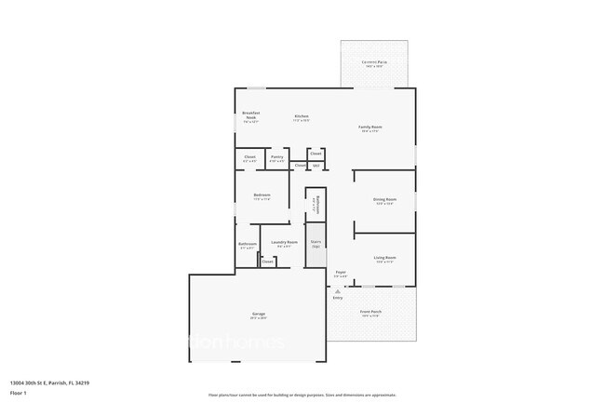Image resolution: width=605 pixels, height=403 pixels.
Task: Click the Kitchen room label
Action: coord(301,116)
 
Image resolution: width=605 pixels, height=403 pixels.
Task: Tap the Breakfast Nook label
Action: coord(249,116)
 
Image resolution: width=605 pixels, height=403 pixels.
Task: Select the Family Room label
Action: coord(370,128)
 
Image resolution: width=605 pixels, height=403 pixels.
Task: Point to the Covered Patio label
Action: coord(375,63)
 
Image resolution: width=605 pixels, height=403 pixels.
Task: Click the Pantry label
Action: coord(277,158)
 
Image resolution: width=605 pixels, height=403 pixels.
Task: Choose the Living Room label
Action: coord(384,259)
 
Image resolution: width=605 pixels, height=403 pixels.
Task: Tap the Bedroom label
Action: coord(262,196)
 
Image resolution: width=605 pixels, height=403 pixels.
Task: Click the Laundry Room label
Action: coord(284,244)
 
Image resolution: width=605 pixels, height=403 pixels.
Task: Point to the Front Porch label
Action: coord(370,312)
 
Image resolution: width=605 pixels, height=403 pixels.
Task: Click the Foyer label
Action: coord(342,274)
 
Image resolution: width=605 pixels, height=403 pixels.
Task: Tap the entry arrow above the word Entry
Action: coord(338,290)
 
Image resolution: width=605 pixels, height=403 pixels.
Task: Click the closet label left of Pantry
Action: coord(249,158)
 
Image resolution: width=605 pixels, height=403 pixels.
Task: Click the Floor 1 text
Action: coord(18,393)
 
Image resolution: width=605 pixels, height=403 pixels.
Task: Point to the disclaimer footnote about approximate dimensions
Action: coord(302,395)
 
